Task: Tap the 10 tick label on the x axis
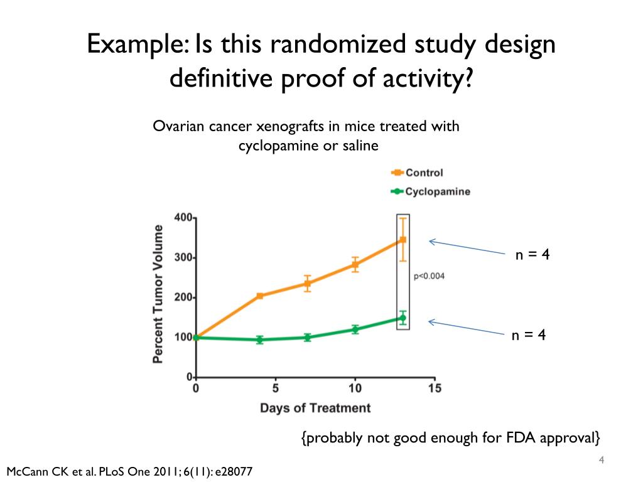tap(355, 388)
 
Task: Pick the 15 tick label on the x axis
tap(434, 388)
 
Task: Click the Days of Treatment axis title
tap(315, 408)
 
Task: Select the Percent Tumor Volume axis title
tap(158, 294)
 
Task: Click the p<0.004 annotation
tap(429, 276)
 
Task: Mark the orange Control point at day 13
tap(403, 240)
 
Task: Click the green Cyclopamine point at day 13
tap(403, 318)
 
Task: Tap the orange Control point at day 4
tap(260, 296)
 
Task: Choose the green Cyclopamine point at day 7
tap(307, 337)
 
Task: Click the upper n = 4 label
tap(532, 255)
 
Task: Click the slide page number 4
tap(602, 461)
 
